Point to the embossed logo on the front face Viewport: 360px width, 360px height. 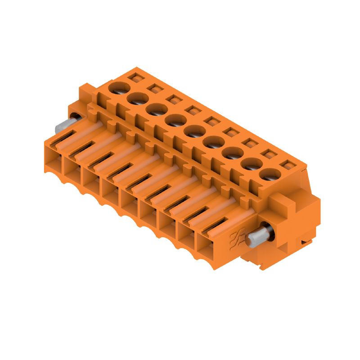237,237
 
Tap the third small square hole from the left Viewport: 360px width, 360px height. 172,99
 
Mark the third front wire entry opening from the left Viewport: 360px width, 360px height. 92,180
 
